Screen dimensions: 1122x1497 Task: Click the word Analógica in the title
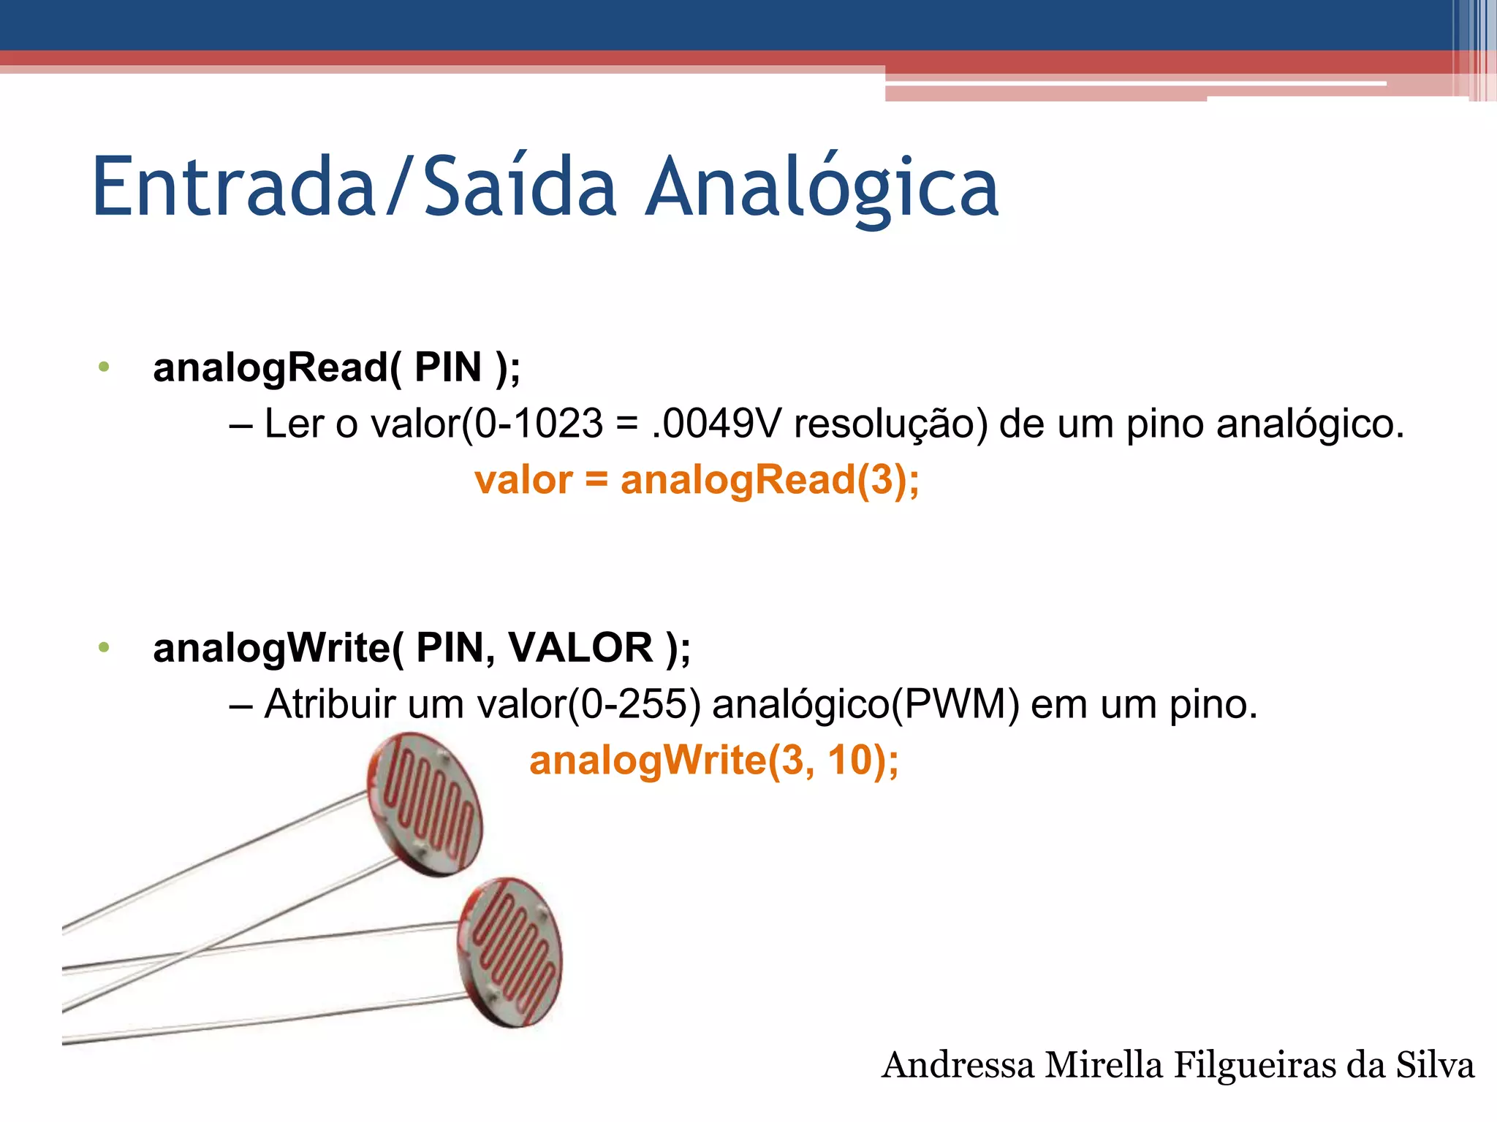point(822,188)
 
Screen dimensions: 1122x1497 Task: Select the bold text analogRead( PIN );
point(336,367)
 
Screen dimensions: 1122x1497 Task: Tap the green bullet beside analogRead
point(104,367)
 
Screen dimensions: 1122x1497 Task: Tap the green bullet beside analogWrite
point(104,647)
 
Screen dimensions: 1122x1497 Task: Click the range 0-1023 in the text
point(539,424)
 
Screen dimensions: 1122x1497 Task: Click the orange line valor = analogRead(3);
point(697,480)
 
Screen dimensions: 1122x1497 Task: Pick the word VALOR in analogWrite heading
point(580,647)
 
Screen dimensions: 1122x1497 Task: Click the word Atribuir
point(330,704)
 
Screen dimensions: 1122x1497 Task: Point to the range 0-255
point(633,704)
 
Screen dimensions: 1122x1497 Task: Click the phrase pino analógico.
point(1265,424)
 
